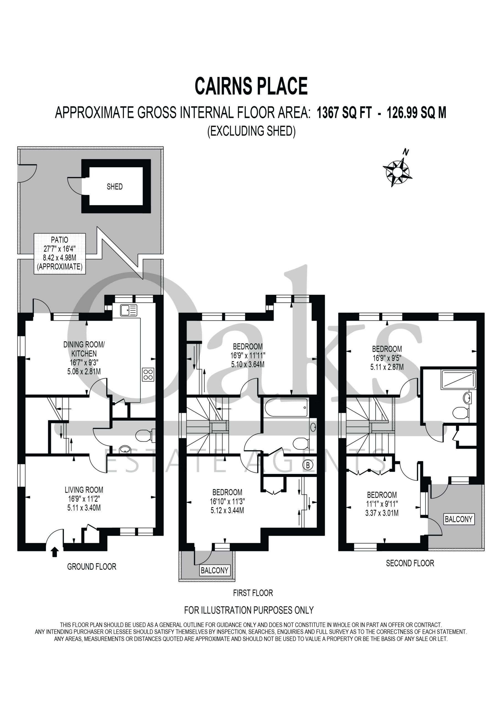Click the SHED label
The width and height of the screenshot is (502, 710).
[x=115, y=186]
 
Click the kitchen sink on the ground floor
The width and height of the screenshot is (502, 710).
[x=129, y=310]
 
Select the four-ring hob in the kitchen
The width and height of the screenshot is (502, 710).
[x=148, y=374]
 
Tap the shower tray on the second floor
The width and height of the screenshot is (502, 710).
[x=458, y=379]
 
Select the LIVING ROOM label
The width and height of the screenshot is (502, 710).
[x=84, y=490]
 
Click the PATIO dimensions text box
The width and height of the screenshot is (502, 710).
[x=60, y=253]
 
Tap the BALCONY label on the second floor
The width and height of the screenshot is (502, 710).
[x=459, y=519]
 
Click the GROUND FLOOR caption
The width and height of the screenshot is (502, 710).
[x=92, y=567]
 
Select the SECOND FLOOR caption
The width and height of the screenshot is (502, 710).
[x=410, y=563]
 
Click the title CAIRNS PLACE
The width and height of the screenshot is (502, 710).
[x=251, y=86]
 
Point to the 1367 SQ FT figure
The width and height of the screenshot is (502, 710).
[x=344, y=113]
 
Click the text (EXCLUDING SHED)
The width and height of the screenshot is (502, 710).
[x=251, y=131]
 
